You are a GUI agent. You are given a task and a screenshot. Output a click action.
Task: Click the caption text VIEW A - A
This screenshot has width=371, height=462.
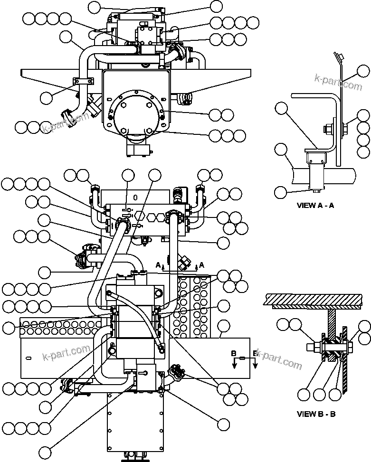coord(315,206)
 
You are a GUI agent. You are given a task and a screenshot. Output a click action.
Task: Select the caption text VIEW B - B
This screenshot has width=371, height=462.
coord(316,414)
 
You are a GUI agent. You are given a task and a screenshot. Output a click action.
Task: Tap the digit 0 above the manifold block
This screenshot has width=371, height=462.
coord(136,196)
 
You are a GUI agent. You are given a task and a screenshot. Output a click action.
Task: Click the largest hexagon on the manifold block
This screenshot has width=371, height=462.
coord(140,216)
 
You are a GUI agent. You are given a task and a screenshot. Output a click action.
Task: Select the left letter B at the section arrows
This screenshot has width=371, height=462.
coord(233,353)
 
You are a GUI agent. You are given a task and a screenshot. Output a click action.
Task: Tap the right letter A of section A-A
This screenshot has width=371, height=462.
coord(201,264)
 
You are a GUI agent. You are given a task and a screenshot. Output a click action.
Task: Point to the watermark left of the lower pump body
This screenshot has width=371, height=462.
coord(66,352)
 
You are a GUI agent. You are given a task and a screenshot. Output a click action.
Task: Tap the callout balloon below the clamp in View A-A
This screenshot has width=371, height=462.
coord(281,192)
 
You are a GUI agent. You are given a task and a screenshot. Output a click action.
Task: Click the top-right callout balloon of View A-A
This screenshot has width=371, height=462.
coord(363,72)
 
